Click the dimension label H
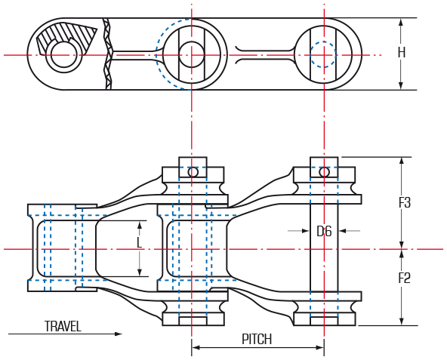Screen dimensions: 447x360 (402, 52)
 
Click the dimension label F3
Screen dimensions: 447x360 (405, 203)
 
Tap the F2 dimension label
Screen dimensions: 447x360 (404, 278)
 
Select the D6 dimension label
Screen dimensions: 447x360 (325, 231)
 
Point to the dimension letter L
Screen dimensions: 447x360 (139, 243)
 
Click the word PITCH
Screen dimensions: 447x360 (257, 339)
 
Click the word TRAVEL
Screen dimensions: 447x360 (63, 327)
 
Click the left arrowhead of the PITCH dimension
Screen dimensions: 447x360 (196, 347)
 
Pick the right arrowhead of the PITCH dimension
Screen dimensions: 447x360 (320, 347)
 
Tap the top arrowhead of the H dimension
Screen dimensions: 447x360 (401, 23)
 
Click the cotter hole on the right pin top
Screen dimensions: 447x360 (324, 172)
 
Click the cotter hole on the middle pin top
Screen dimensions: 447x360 (193, 172)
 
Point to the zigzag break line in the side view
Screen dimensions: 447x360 (108, 54)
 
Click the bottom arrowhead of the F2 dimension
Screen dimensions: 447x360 (402, 322)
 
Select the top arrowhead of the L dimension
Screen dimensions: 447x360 (140, 225)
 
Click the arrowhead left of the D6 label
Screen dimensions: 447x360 (306, 231)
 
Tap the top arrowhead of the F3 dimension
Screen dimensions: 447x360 (402, 162)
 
